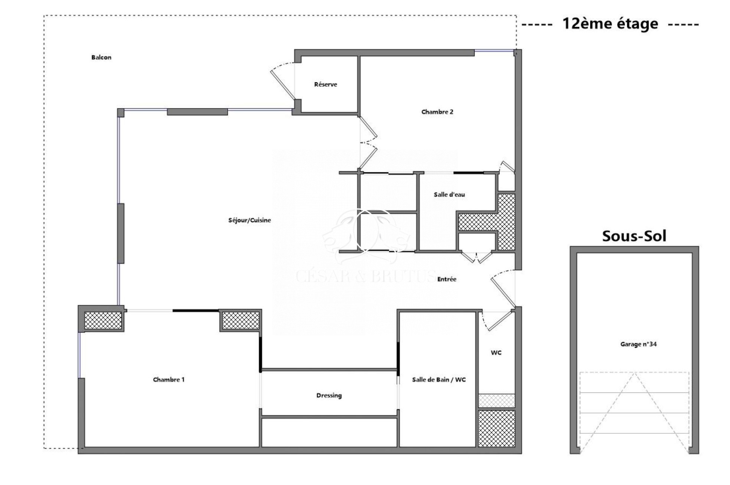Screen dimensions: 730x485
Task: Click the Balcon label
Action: pos(101,57)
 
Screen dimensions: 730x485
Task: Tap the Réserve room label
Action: pos(326,84)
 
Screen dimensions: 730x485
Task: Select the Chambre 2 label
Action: pos(437,112)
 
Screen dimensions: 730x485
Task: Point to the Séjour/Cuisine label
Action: pos(250,220)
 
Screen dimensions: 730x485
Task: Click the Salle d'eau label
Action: pos(449,194)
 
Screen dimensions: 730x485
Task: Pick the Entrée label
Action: pos(447,279)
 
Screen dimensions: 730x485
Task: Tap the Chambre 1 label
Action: pos(169,380)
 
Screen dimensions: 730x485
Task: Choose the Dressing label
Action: pos(329,396)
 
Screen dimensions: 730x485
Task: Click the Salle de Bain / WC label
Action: pos(439,380)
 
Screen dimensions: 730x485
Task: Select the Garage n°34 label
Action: pos(638,344)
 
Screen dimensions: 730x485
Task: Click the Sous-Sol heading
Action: pos(634,236)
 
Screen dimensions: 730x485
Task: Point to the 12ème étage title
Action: pos(610,23)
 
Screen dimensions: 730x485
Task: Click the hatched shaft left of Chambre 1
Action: pos(103,320)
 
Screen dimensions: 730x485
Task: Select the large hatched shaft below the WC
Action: pos(496,428)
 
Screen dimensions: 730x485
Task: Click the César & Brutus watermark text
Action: pos(366,276)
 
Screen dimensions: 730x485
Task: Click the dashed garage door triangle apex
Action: pos(634,373)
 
